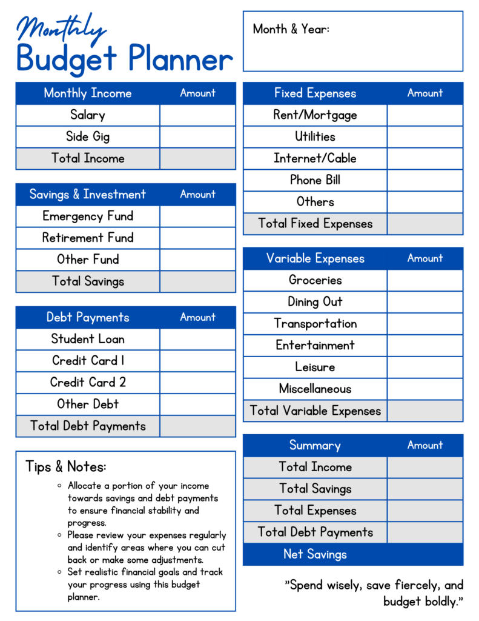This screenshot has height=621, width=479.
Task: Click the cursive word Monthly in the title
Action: point(61,29)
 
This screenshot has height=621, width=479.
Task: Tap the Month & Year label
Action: point(291,29)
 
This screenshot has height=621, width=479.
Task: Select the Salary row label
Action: point(88,115)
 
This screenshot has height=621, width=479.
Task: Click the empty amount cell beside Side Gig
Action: point(197,136)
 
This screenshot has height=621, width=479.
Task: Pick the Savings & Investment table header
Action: point(88,194)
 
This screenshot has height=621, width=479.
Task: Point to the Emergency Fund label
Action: point(88,216)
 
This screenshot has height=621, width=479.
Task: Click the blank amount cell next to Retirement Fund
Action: point(197,238)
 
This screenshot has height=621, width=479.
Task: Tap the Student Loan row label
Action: point(88,339)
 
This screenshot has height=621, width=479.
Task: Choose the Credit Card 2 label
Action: point(88,383)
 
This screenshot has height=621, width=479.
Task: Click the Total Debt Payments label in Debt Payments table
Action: point(88,426)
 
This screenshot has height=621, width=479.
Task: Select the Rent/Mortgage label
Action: point(315,115)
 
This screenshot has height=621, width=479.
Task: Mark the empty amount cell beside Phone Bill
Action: point(424,180)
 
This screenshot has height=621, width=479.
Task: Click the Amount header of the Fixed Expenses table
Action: point(424,93)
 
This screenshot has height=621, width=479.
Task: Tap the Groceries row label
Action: point(315,280)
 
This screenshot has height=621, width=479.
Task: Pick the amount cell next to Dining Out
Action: point(424,302)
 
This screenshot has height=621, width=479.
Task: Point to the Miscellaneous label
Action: point(315,389)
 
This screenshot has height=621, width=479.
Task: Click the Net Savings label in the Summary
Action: point(315,554)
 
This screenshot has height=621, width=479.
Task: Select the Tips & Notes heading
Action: point(65,466)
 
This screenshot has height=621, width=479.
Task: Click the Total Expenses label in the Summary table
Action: point(315,511)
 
